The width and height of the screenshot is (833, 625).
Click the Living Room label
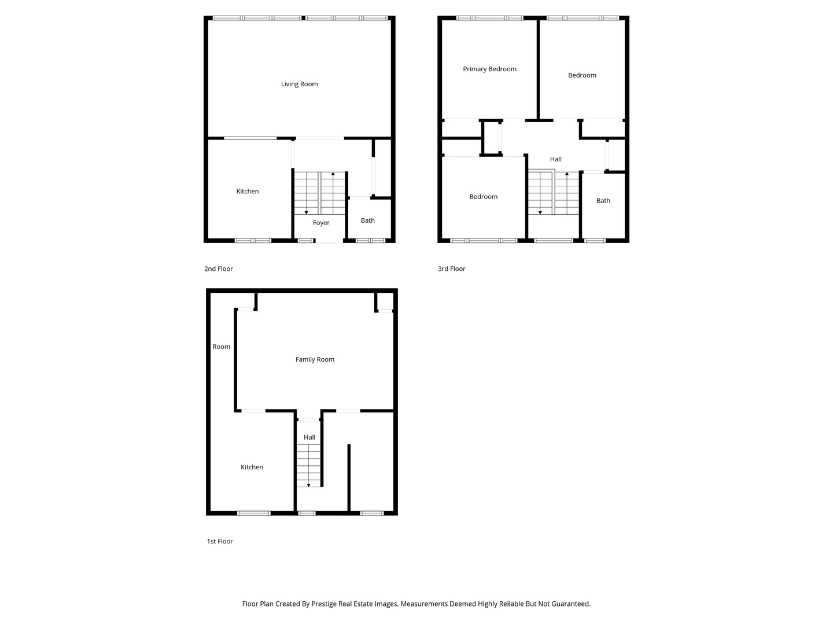(299, 84)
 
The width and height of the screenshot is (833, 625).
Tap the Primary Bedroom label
(489, 69)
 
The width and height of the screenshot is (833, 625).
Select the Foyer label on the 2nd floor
(321, 223)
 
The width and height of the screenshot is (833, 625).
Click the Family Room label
(315, 359)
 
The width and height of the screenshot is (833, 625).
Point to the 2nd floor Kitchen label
(248, 192)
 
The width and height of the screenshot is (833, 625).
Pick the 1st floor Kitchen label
(252, 467)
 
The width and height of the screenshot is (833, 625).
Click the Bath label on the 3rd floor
(603, 201)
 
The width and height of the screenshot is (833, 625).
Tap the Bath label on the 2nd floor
(368, 220)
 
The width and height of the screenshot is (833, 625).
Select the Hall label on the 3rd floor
(556, 159)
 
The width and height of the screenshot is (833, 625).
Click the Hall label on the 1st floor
(309, 437)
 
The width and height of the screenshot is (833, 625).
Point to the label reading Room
(221, 347)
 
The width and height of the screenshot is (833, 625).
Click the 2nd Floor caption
(219, 269)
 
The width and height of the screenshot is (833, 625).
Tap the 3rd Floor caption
(452, 269)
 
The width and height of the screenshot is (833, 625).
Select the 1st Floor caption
(220, 541)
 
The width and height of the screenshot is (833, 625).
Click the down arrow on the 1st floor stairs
(309, 484)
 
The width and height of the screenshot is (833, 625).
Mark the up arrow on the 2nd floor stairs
(333, 174)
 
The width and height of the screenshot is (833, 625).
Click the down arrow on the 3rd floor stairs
(540, 212)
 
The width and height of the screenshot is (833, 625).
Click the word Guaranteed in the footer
(568, 604)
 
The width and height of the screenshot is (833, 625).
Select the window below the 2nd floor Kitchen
(253, 240)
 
